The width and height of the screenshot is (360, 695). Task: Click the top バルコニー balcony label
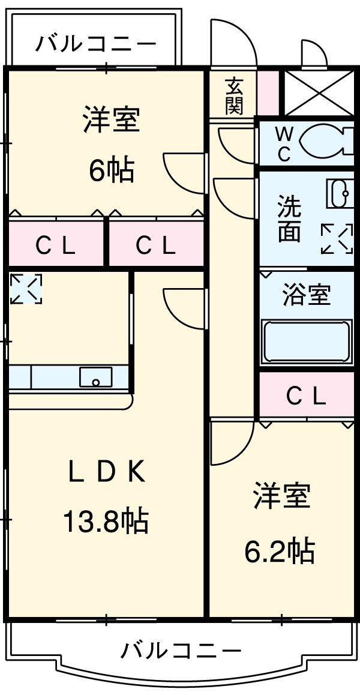(96, 44)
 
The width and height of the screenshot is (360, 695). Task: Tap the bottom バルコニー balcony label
(181, 650)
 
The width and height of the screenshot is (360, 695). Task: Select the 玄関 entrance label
(234, 96)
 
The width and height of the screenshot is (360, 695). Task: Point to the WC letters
(284, 143)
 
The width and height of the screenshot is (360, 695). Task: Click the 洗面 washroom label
(289, 219)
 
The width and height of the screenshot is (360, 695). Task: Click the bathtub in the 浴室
(306, 342)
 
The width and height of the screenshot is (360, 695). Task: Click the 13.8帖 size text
(106, 520)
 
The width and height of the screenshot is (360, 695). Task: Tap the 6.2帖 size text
(280, 550)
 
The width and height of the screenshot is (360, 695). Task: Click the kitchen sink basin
(96, 378)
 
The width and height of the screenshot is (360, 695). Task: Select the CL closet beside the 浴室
(306, 395)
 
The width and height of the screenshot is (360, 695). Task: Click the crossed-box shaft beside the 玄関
(318, 93)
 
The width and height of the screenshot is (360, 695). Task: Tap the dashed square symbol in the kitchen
(26, 289)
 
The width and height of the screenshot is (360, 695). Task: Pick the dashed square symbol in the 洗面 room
(337, 239)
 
